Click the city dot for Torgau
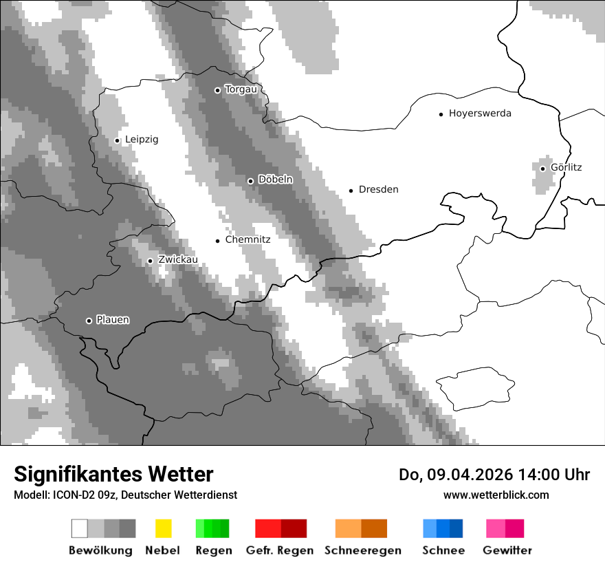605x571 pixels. [x=217, y=90]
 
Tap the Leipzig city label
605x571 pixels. [x=142, y=140]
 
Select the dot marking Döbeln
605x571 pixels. [x=250, y=181]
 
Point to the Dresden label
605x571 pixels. [x=378, y=190]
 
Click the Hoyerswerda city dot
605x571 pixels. [x=441, y=114]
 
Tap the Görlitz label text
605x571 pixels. [x=566, y=167]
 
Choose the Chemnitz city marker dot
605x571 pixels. [x=217, y=241]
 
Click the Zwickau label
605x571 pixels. [x=178, y=260]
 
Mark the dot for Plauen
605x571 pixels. [x=89, y=321]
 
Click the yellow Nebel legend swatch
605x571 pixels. [x=163, y=528]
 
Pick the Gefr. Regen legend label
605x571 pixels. [x=280, y=550]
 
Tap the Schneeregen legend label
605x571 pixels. [x=363, y=550]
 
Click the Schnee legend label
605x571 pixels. [x=443, y=550]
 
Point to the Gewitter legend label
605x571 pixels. [x=507, y=550]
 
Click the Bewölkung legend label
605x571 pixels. [x=100, y=550]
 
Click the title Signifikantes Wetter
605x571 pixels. [x=113, y=475]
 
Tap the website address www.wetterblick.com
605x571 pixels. [x=496, y=495]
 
